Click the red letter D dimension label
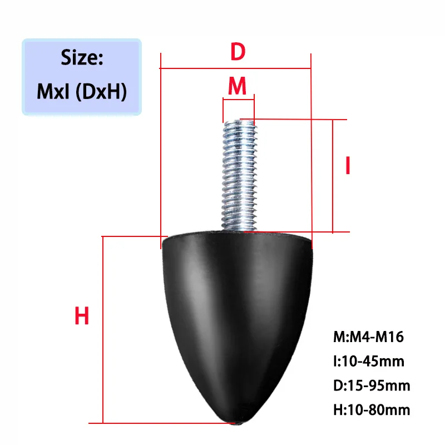[238, 52]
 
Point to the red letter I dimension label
[348, 166]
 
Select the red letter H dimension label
[82, 317]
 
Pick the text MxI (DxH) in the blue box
[82, 91]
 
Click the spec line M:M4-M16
[368, 337]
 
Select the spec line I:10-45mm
[369, 361]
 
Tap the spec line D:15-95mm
[372, 385]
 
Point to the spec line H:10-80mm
[372, 410]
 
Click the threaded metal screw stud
[238, 172]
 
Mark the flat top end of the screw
[238, 121]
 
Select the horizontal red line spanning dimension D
[235, 68]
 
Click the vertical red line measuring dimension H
[103, 328]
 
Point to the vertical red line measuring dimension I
[332, 175]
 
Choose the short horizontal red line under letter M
[238, 99]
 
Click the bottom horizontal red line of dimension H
[167, 422]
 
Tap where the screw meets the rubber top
[238, 229]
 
